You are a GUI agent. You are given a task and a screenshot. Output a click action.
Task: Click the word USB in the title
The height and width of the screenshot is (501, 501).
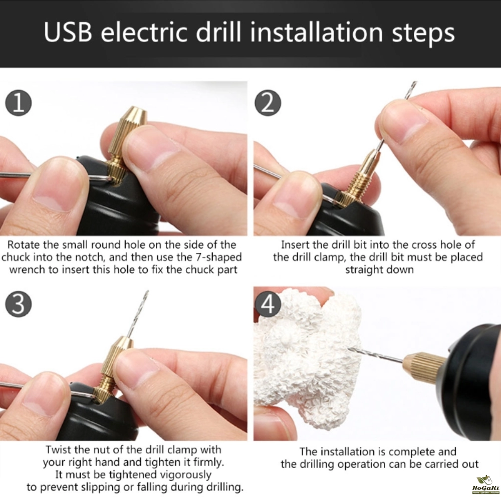click(68, 32)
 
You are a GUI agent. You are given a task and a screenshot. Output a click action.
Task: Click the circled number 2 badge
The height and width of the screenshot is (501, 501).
click(268, 103)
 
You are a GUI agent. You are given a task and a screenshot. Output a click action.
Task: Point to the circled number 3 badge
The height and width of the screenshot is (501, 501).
click(19, 304)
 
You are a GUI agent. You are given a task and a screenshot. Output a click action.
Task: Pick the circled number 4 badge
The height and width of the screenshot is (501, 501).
click(268, 303)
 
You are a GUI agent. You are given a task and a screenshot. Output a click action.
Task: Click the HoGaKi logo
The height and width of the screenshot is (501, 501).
click(485, 486)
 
